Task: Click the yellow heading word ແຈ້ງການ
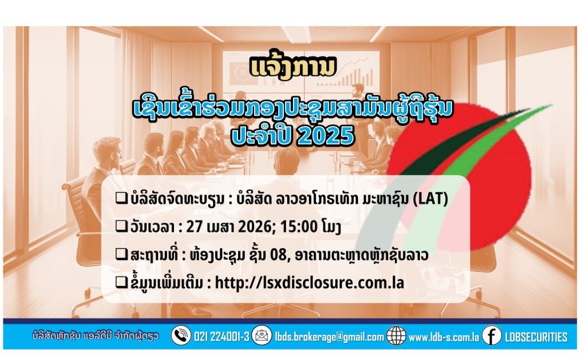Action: [x=294, y=68]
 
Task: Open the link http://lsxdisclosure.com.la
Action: [x=310, y=283]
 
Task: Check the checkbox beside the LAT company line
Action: [x=121, y=198]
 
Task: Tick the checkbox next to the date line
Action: [x=121, y=226]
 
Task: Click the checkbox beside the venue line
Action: [x=121, y=254]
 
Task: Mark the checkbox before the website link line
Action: [x=121, y=282]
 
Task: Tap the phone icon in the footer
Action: [x=181, y=335]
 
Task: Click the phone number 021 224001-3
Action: [x=221, y=337]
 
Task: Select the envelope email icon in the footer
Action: [x=262, y=335]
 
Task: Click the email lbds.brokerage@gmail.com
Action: [x=329, y=337]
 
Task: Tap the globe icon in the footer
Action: [x=396, y=335]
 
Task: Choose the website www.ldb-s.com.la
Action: [x=444, y=337]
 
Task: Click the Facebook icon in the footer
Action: [x=492, y=335]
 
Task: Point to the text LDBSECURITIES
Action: [x=536, y=337]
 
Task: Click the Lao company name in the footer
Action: [x=96, y=335]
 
